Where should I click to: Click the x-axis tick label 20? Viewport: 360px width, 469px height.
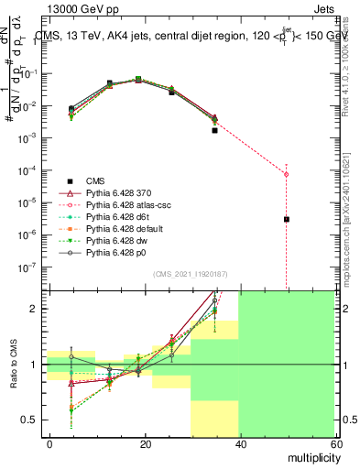coord(145,442)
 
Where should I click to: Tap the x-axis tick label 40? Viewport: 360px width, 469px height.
coord(240,442)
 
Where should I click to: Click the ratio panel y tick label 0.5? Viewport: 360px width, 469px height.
coord(29,420)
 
